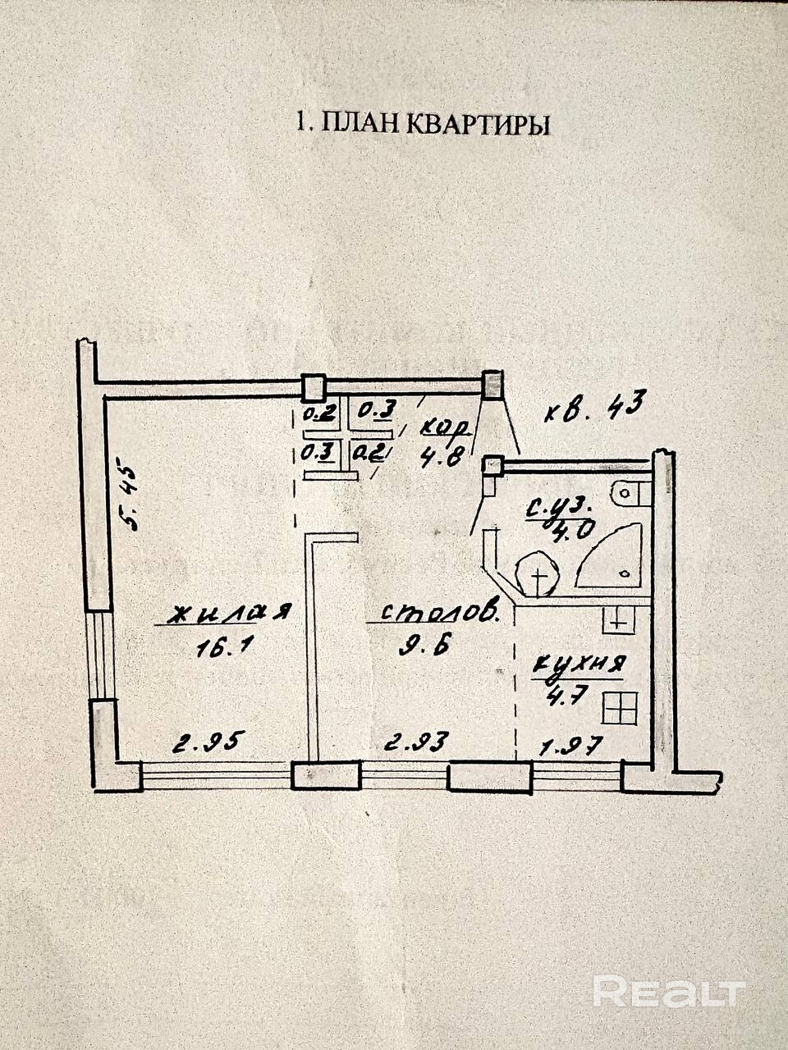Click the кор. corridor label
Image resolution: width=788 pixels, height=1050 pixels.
(x=444, y=427)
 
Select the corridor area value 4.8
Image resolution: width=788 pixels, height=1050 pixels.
(x=442, y=458)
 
